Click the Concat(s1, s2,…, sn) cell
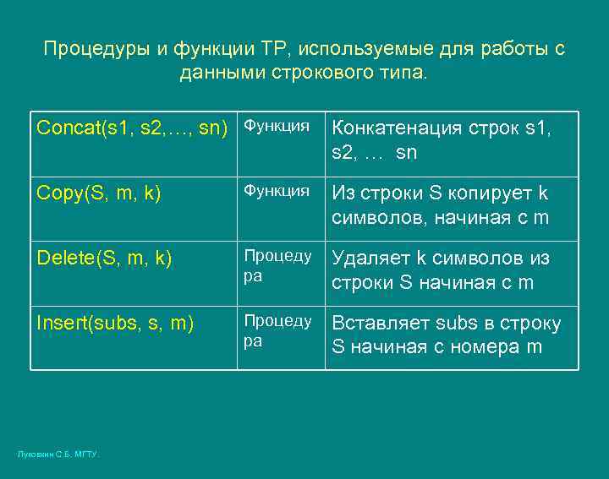coord(134,128)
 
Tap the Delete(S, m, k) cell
coord(104,257)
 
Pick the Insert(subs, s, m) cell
coord(115,322)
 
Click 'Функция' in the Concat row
coord(277,126)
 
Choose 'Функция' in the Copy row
coord(277,191)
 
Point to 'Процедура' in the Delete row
coord(277,264)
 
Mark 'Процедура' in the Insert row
coord(277,329)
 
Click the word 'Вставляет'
coord(381,324)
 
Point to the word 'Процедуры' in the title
coord(96,49)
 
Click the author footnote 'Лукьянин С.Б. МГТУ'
coord(58,455)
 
